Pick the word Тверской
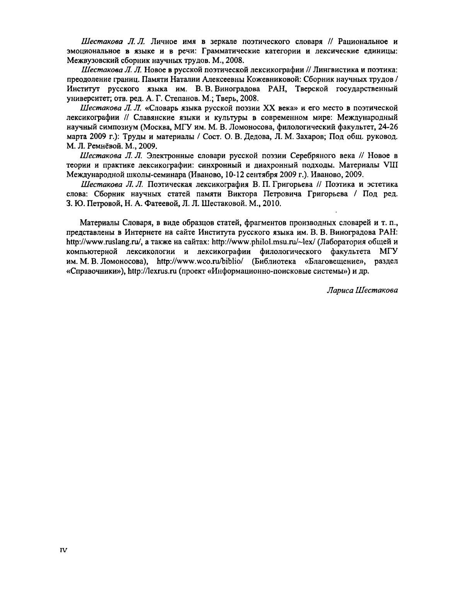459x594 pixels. (x=312, y=89)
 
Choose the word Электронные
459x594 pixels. (x=171, y=155)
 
